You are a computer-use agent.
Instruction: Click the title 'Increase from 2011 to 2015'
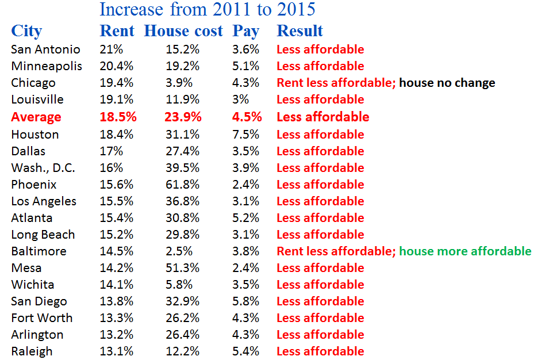(207, 9)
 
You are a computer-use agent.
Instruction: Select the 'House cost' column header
(183, 31)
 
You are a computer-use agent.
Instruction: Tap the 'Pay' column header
(246, 31)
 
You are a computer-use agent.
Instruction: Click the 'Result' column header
(300, 31)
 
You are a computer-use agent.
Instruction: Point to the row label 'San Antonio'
(45, 49)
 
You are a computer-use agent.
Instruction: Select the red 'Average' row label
(36, 117)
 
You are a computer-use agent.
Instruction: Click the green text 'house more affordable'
(465, 251)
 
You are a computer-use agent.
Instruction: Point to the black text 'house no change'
(447, 83)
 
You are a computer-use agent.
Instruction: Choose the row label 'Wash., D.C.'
(43, 168)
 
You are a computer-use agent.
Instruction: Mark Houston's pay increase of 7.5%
(245, 135)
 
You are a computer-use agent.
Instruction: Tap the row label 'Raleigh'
(32, 351)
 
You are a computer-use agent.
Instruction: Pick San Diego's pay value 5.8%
(245, 301)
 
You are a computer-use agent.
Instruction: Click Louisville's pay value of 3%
(240, 99)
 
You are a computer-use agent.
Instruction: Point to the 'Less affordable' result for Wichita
(320, 285)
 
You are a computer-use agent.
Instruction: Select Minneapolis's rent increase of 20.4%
(116, 66)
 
